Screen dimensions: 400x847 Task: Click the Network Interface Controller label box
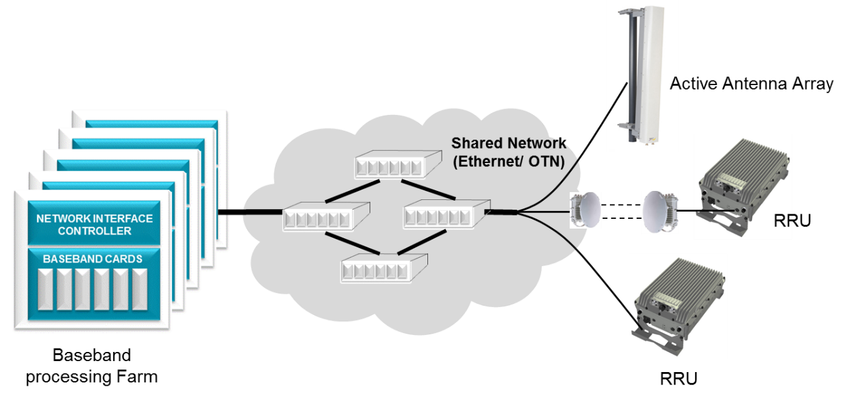tap(94, 224)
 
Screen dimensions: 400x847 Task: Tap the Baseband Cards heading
tap(93, 259)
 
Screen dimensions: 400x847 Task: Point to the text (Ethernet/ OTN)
tap(508, 162)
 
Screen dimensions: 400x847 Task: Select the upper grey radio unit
tap(742, 185)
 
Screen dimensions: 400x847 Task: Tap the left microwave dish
tap(585, 210)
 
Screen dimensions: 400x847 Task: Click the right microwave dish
tap(660, 212)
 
